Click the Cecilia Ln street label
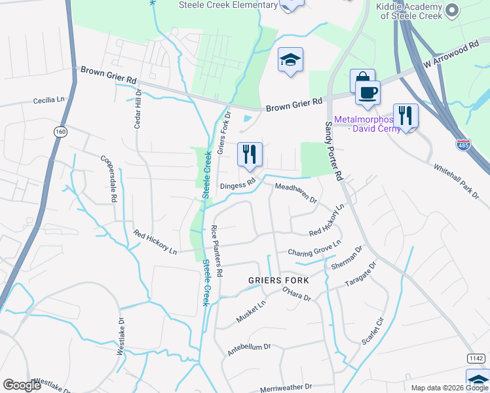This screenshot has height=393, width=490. (50, 100)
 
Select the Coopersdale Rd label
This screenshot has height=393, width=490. (108, 178)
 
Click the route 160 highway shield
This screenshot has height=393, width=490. (60, 132)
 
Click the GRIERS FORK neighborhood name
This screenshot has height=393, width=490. (278, 280)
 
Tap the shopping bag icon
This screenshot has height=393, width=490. (362, 81)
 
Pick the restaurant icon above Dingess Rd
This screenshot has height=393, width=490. (250, 155)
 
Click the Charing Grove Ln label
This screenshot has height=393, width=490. (314, 250)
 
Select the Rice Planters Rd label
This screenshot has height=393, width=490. (217, 250)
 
